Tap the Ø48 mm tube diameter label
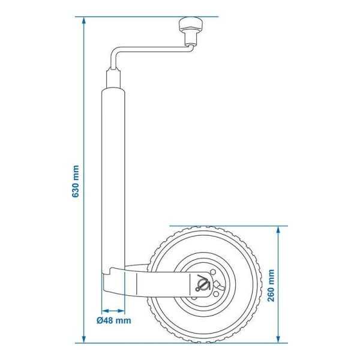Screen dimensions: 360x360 point(114,321)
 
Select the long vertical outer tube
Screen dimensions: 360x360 point(113,180)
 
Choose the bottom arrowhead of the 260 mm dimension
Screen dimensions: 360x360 point(280,339)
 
